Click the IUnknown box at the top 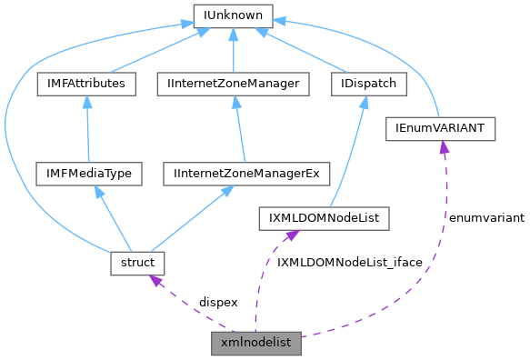point(233,15)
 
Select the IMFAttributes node point(87,84)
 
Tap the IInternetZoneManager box point(234,84)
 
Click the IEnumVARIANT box point(441,129)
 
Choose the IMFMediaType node point(86,172)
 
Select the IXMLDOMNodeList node point(324,218)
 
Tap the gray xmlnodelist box point(255,343)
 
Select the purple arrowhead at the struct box point(155,281)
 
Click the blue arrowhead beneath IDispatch point(363,103)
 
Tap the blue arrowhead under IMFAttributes point(86,103)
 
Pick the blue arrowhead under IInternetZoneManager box point(233,103)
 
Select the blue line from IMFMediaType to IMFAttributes point(86,132)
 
